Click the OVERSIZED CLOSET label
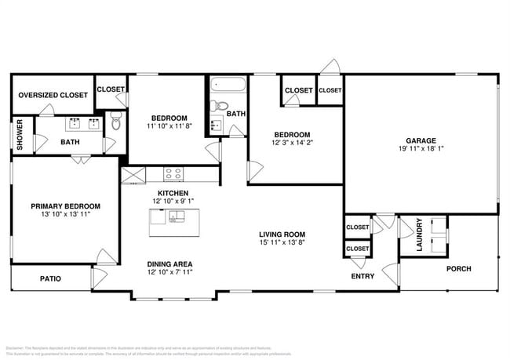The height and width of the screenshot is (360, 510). tap(53, 95)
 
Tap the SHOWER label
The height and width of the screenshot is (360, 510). tap(20, 135)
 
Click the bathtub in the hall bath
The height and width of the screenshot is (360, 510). tap(228, 85)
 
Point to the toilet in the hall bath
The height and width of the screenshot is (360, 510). tap(221, 106)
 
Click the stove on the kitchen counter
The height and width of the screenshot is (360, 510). tap(173, 173)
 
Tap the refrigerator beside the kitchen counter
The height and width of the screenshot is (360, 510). tap(131, 175)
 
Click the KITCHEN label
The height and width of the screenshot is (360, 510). tap(172, 192)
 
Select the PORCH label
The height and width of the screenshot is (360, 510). tap(459, 269)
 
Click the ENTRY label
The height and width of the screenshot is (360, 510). tap(362, 276)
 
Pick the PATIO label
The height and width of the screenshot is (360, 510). tap(50, 278)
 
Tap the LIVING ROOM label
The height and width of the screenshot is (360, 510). tap(282, 235)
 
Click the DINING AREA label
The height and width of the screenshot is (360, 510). tap(170, 264)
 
